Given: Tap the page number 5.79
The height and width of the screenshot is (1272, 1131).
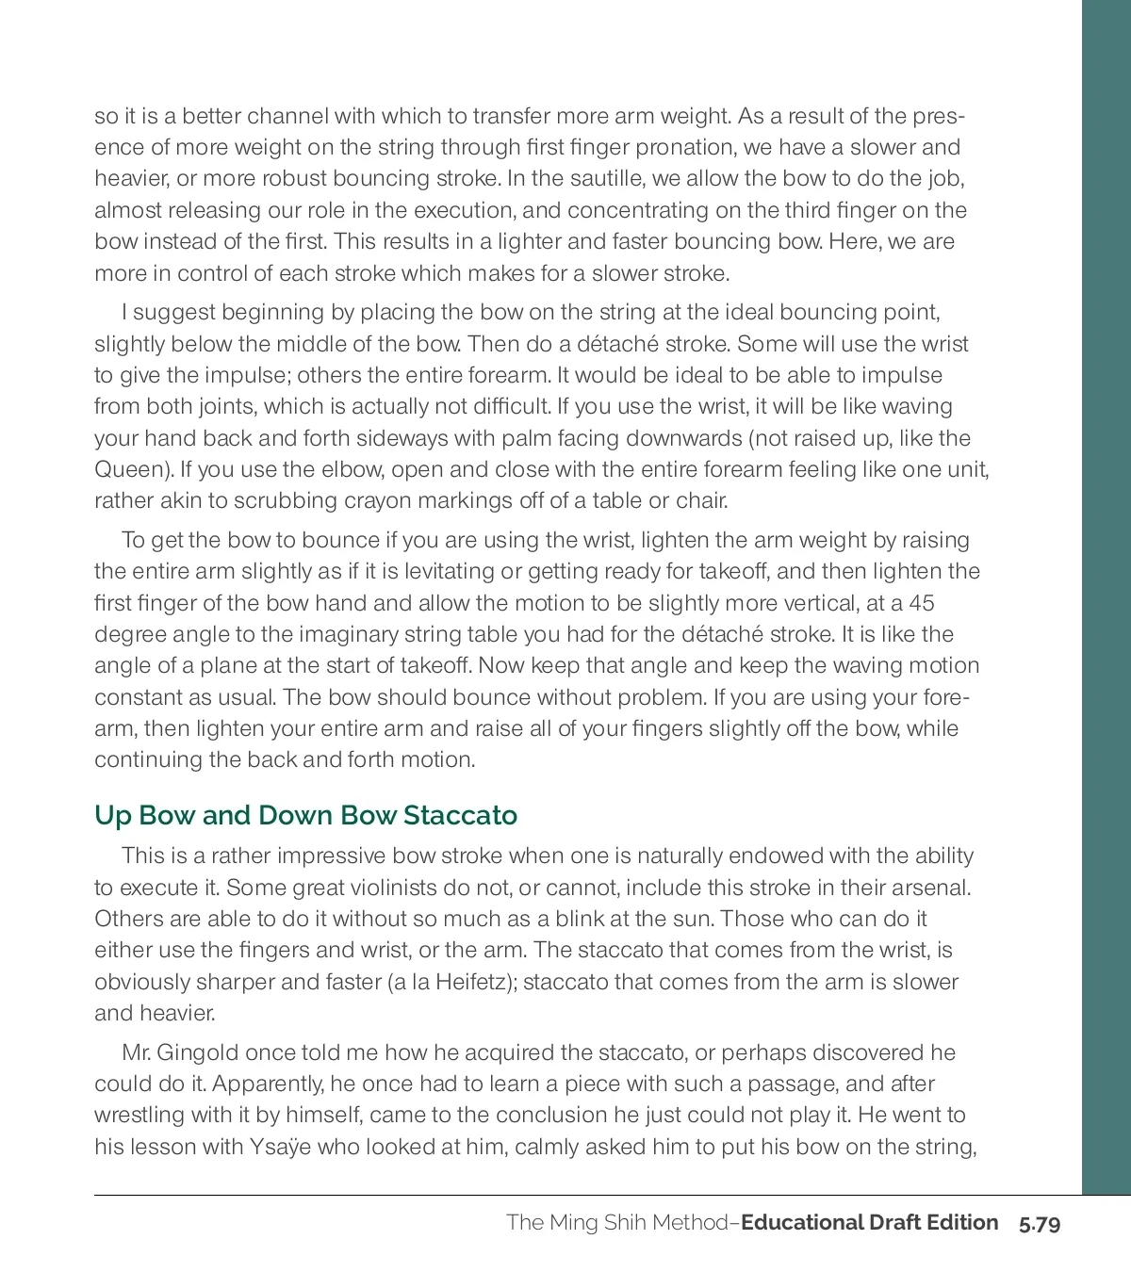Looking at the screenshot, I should (x=1040, y=1224).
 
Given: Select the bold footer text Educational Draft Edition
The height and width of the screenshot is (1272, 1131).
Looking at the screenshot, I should (x=869, y=1223).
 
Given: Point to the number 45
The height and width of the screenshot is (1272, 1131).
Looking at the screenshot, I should (x=921, y=603).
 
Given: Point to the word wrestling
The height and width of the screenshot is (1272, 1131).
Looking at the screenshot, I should (x=139, y=1115).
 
